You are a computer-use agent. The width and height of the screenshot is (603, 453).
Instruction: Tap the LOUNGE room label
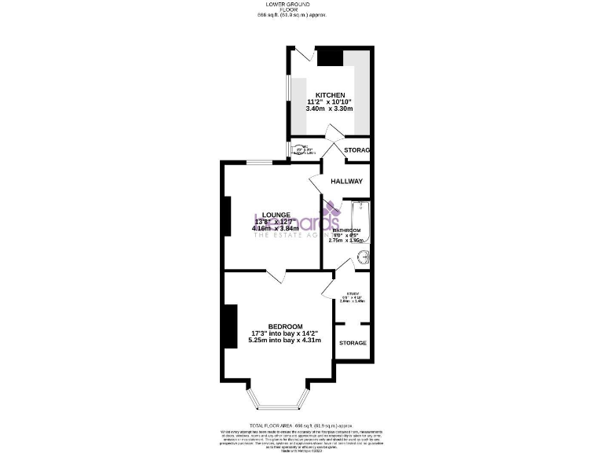point(276,214)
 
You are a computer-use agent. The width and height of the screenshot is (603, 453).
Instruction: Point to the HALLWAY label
point(346,182)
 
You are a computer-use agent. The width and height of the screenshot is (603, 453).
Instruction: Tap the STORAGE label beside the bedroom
point(353,343)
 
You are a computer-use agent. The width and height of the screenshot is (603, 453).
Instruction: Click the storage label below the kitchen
point(356,149)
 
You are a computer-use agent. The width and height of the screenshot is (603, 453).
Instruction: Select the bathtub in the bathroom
point(360,224)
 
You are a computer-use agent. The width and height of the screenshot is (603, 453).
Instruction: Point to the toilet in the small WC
point(298,149)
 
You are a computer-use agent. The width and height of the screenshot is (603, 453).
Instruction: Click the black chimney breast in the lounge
point(227,216)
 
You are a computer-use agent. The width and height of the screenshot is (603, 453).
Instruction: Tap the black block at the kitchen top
point(329,57)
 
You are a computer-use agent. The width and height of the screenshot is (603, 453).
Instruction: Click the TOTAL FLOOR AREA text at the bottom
point(301,425)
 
